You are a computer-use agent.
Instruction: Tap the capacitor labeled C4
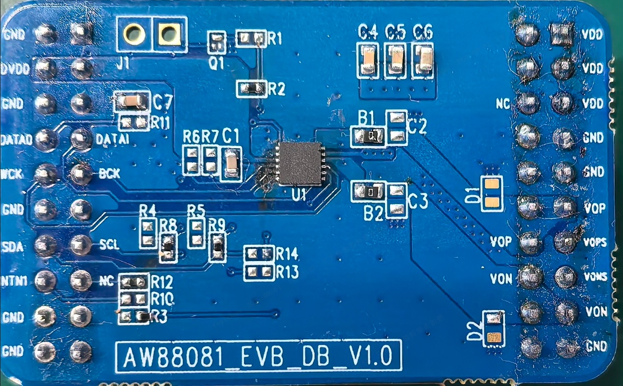368,61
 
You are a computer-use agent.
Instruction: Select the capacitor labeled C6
423,61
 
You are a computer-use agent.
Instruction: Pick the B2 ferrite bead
367,191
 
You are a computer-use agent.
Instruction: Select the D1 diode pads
491,193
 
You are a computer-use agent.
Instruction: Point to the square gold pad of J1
169,34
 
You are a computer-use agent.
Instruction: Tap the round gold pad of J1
134,34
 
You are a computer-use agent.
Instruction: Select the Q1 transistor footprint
216,42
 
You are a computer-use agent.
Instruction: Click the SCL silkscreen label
109,244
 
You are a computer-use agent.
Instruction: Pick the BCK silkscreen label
109,173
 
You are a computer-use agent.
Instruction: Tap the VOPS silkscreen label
594,242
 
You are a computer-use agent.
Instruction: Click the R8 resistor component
168,248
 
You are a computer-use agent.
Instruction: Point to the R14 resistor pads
259,254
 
